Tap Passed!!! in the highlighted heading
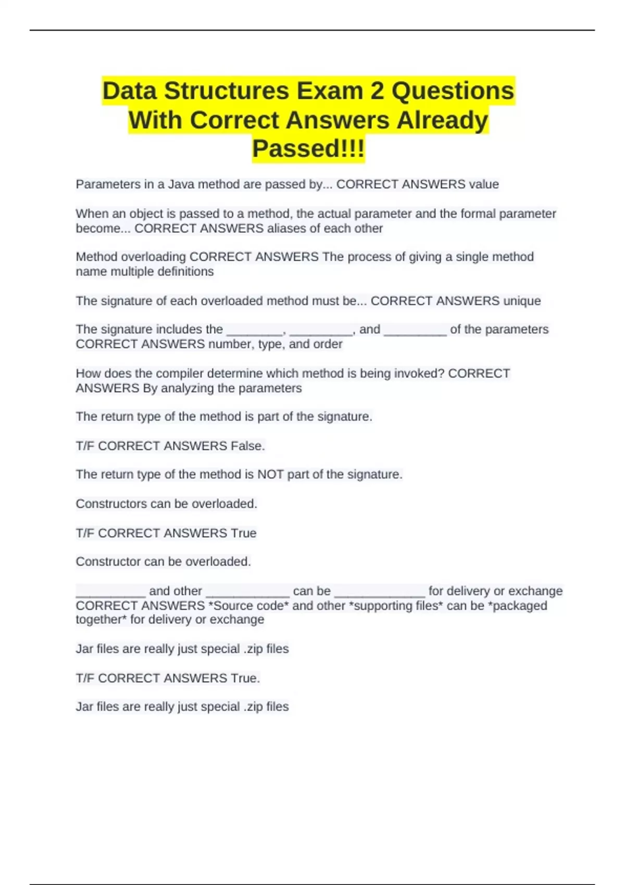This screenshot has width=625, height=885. click(308, 148)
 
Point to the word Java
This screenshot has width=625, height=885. click(181, 184)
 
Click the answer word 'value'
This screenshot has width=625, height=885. click(484, 184)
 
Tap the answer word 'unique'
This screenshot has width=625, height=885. click(522, 301)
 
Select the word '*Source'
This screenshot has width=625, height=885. click(231, 605)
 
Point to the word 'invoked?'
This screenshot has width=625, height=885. click(420, 373)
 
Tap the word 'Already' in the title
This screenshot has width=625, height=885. click(442, 120)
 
